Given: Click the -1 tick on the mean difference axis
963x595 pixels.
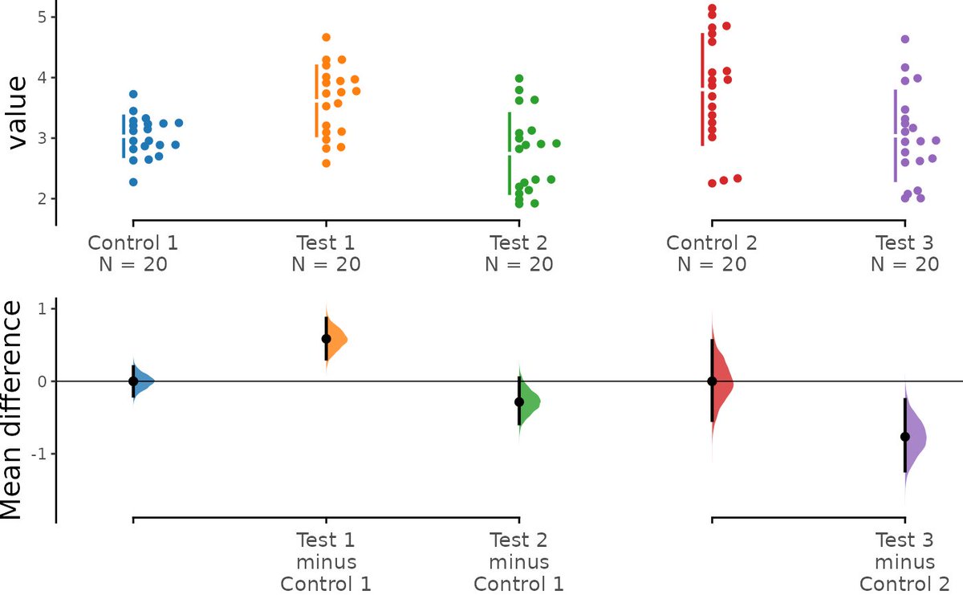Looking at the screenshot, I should pyautogui.click(x=34, y=454).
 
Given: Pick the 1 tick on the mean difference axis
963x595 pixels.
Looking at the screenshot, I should pyautogui.click(x=37, y=309).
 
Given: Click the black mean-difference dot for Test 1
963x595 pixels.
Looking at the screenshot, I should pyautogui.click(x=326, y=339).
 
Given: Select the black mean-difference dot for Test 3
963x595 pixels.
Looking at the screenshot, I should pyautogui.click(x=905, y=437).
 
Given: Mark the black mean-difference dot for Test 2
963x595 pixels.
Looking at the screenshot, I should pyautogui.click(x=519, y=401).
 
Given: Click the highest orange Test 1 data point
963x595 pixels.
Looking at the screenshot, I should pyautogui.click(x=326, y=37).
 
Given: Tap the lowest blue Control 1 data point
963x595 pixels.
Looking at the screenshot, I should pyautogui.click(x=133, y=182).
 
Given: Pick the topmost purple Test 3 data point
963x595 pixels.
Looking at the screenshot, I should pyautogui.click(x=905, y=39).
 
